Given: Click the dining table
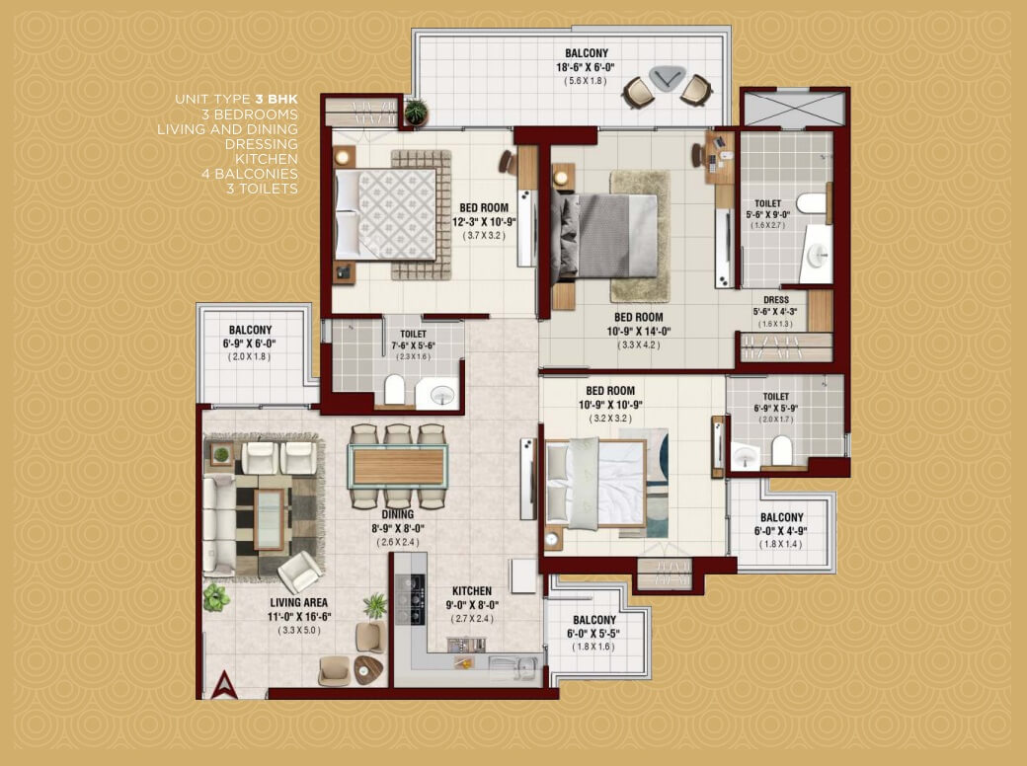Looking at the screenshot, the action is point(398,466).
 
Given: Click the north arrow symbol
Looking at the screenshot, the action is point(225,685).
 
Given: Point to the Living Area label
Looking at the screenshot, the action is point(298,603).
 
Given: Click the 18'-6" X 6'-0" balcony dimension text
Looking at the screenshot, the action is point(586,67).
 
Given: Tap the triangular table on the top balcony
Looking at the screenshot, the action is point(667,78).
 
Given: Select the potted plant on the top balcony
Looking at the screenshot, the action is point(416,113).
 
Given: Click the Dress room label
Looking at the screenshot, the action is point(775,300).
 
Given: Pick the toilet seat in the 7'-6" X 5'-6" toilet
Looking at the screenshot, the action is point(394,390).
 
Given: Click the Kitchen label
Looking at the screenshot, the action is point(472,590).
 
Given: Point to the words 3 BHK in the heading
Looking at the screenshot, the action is point(276,100).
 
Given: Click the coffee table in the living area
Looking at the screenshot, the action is point(270,519).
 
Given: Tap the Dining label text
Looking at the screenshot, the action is point(398,514).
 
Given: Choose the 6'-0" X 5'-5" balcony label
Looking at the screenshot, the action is point(593,633).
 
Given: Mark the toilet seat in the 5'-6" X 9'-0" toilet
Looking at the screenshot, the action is point(812,203).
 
